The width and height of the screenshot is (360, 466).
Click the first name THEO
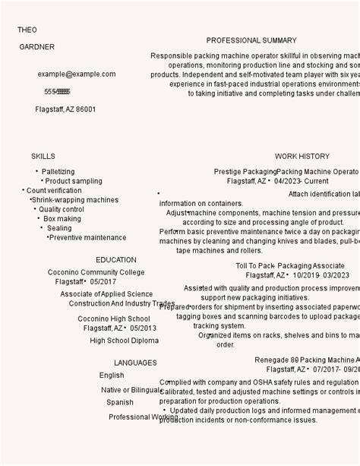(27, 30)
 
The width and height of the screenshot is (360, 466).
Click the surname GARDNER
(37, 47)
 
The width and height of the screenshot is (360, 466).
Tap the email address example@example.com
(77, 74)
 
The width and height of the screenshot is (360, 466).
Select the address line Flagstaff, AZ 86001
(65, 109)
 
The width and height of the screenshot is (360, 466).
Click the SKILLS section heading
(43, 157)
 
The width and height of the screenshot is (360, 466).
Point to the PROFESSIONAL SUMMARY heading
(251, 41)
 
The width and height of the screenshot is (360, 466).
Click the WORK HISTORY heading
(302, 157)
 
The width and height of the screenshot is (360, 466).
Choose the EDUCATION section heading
(116, 260)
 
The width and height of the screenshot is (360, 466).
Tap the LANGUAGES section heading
(135, 363)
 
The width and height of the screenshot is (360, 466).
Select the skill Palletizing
(58, 172)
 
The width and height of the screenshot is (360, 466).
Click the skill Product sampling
(74, 182)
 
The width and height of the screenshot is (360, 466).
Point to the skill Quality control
(62, 210)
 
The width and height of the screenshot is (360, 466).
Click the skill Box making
(62, 219)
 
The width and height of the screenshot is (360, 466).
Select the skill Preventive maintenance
(88, 238)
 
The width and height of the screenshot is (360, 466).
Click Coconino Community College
(96, 272)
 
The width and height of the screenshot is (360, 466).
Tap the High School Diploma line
(125, 341)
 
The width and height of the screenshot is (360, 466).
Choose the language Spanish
(120, 403)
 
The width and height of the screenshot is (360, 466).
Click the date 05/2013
(144, 328)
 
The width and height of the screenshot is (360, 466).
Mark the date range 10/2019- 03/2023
(321, 275)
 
